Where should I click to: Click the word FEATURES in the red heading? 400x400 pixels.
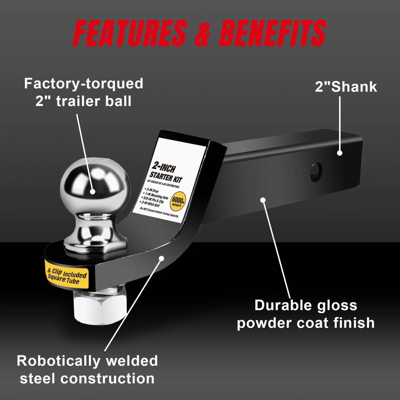coord(130,33)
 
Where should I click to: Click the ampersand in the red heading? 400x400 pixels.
coord(203,34)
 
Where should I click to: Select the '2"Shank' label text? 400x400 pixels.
coord(346,87)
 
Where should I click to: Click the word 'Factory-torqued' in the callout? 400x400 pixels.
coord(83,84)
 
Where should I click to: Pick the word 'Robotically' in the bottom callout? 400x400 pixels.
coord(58,361)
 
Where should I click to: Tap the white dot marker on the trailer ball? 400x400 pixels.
coord(93,191)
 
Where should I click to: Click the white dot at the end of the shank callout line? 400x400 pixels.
coord(340,153)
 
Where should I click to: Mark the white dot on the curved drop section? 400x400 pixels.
coord(161,258)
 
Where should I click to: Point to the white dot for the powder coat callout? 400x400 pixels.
coord(263,200)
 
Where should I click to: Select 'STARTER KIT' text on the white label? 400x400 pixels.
coord(165,176)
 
